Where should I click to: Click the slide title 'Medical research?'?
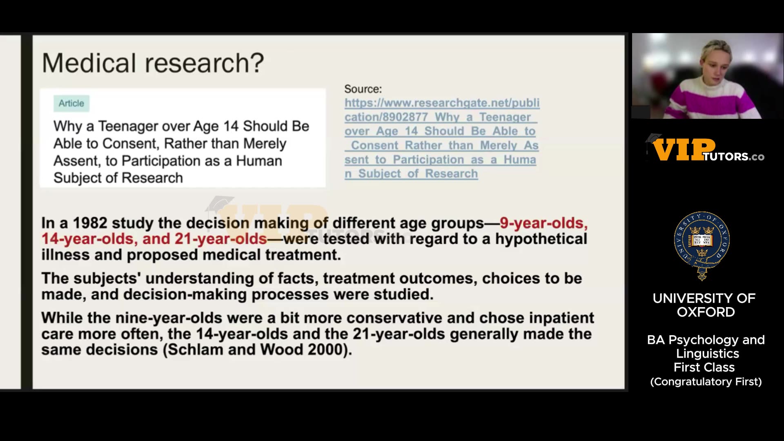(153, 63)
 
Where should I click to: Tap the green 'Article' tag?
(71, 103)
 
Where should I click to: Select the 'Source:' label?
(363, 89)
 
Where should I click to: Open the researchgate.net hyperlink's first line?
(442, 103)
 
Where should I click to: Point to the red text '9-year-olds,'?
(543, 223)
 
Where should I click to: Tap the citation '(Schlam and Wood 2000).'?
(257, 350)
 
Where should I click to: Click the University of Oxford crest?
(702, 245)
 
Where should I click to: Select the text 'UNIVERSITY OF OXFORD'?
(704, 305)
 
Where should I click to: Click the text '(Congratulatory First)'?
(706, 381)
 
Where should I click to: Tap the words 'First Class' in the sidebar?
(704, 367)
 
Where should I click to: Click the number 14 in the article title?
(231, 126)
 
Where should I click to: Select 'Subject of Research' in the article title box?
(118, 178)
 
